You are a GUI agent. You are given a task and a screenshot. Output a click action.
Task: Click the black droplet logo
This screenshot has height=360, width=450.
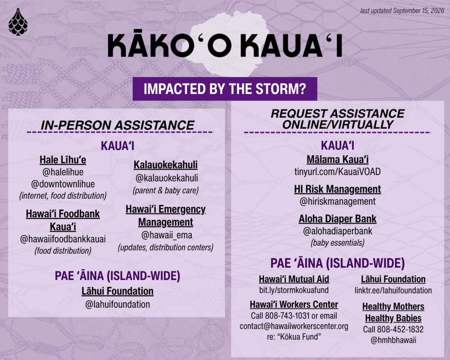[18, 22]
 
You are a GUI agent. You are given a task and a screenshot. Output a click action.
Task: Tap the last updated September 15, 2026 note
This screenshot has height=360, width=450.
[402, 11]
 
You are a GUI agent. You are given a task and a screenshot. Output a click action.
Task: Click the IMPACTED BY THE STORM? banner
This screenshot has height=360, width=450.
[225, 89]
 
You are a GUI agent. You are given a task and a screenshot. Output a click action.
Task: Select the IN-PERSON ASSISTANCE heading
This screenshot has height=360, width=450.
[118, 125]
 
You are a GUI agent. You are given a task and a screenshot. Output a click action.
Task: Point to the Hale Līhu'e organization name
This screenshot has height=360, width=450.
[63, 160]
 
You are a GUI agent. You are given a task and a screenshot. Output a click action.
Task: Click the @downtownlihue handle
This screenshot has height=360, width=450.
[63, 184]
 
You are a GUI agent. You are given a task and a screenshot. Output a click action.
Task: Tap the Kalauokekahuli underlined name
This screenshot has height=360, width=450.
[166, 165]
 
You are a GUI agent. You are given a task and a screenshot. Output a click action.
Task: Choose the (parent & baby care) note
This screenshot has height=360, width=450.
[166, 190]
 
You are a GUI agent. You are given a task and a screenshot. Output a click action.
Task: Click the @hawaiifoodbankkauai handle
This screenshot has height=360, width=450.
[63, 239]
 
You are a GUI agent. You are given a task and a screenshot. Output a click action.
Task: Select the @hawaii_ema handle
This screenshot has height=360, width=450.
[167, 235]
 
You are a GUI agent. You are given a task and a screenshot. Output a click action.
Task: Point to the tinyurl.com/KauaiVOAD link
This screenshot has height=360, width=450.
[337, 172]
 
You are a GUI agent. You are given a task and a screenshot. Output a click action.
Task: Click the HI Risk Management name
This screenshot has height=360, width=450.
[337, 189]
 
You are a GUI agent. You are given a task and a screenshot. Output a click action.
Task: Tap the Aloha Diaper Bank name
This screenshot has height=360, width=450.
[337, 219]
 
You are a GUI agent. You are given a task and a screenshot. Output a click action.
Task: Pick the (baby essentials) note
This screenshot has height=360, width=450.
[337, 243]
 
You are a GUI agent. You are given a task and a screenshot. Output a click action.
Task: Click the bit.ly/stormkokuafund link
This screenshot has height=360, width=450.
[294, 290]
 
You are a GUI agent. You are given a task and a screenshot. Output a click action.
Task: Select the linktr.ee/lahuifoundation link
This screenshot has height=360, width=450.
[393, 290]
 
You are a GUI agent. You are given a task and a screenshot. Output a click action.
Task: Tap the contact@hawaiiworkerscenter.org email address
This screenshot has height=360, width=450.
[294, 326]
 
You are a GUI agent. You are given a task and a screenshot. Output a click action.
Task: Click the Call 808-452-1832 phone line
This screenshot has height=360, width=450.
[393, 329]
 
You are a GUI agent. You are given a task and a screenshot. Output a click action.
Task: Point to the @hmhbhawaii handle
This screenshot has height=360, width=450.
[393, 340]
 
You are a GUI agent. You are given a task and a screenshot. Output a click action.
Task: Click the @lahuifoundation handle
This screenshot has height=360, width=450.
[118, 304]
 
